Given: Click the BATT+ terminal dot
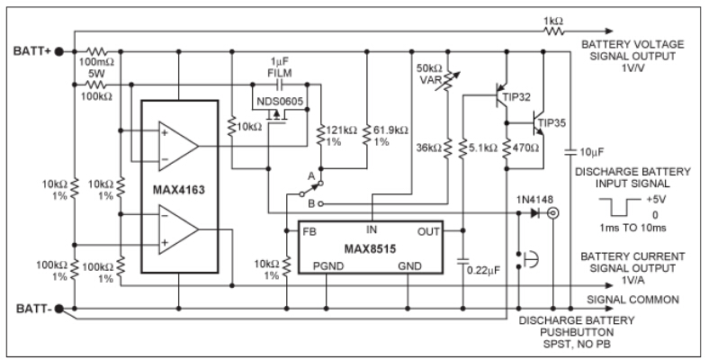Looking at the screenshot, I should tap(59, 51).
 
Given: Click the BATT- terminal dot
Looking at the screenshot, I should tap(59, 310).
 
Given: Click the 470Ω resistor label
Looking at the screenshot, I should tap(524, 146).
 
